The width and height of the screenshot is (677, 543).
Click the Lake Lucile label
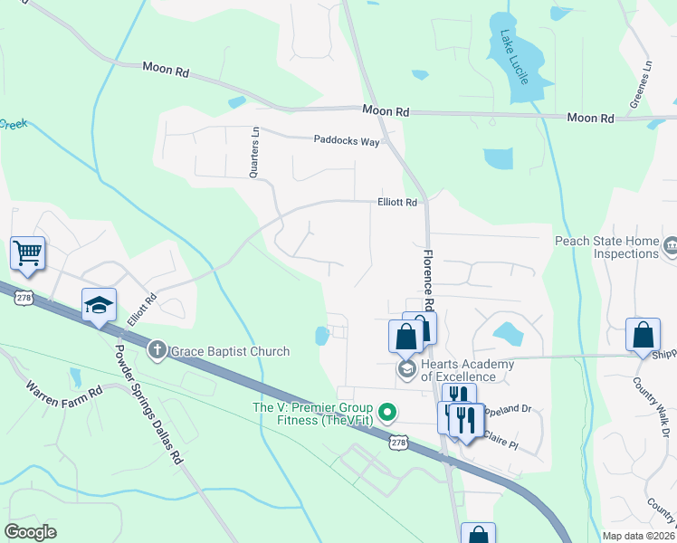coord(514,58)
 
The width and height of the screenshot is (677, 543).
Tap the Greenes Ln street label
coord(647,79)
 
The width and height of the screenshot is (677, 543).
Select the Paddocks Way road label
coord(347,140)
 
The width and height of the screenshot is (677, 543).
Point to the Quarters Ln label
coord(255,152)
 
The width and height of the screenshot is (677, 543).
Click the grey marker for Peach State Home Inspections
coord(671,244)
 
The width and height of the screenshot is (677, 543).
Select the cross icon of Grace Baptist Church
coord(157,350)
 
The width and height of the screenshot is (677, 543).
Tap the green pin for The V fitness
coord(388,414)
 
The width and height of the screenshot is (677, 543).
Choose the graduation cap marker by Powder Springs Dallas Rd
coord(100,305)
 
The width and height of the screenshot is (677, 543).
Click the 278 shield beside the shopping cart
coord(24,297)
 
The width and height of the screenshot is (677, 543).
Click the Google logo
coord(31,531)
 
